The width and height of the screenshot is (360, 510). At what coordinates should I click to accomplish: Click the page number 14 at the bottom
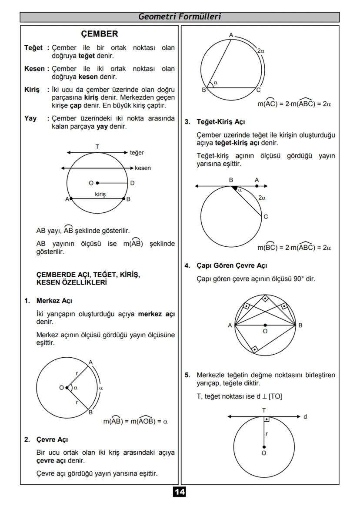tap(180, 492)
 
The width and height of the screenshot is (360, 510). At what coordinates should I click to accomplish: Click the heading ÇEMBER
tap(100, 34)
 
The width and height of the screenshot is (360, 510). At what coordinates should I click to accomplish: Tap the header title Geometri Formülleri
tap(180, 17)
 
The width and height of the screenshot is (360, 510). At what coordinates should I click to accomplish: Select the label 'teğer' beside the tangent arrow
tap(137, 153)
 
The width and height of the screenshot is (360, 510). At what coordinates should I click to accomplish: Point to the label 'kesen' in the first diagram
tap(143, 168)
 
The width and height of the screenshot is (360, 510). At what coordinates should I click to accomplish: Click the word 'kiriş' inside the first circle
tap(100, 195)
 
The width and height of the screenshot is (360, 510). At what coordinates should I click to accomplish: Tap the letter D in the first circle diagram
tap(132, 183)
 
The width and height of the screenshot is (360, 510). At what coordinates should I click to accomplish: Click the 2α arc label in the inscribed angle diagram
tap(261, 51)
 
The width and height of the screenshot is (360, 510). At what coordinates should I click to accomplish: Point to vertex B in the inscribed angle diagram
tap(203, 90)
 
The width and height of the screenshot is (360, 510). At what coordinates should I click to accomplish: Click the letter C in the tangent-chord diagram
tap(266, 217)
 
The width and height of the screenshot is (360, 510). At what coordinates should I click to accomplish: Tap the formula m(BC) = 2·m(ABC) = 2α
tap(294, 248)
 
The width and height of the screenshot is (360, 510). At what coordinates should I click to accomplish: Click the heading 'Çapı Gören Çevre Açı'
tap(232, 265)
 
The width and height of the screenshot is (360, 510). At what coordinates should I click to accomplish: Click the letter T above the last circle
tap(264, 410)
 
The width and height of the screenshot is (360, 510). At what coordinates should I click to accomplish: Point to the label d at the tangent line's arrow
tap(305, 417)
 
